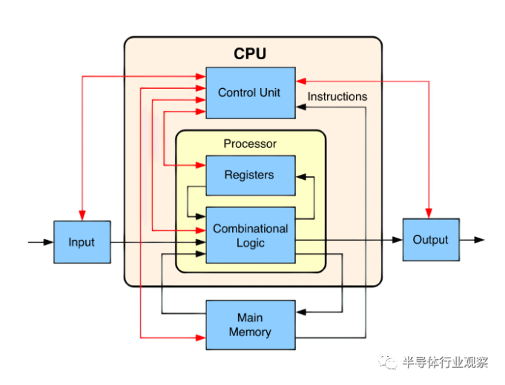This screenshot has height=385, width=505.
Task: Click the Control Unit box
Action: pos(251,93)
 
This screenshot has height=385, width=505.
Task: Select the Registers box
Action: pos(251,175)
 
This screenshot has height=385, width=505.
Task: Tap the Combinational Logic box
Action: pos(251,235)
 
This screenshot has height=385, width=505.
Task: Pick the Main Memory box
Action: pos(251,325)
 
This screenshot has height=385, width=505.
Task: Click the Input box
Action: pos(82,242)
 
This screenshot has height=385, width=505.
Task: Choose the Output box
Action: pos(431,240)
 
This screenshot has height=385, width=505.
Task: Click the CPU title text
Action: pos(250,54)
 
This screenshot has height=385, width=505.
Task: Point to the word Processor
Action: pos(250,144)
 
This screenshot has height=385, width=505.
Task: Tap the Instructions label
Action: pos(337,96)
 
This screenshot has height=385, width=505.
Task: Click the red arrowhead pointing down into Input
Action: pos(82,215)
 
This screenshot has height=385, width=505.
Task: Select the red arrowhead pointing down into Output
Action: pos(429,213)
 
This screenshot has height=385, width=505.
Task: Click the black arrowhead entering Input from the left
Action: pos(49,242)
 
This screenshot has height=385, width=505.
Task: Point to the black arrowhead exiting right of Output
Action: pos(479,240)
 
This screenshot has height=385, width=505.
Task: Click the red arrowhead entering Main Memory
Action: pos(201,338)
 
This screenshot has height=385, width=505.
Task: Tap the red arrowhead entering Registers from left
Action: pos(201,165)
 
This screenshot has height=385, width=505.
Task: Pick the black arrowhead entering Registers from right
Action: pos(301,177)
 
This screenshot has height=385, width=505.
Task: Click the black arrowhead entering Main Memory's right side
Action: pos(301,312)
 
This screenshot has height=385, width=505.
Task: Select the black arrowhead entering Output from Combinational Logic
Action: pos(397,240)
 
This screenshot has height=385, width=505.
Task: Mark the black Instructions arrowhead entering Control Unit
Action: pos(301,107)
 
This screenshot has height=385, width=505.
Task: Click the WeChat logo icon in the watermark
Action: pos(388,362)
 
